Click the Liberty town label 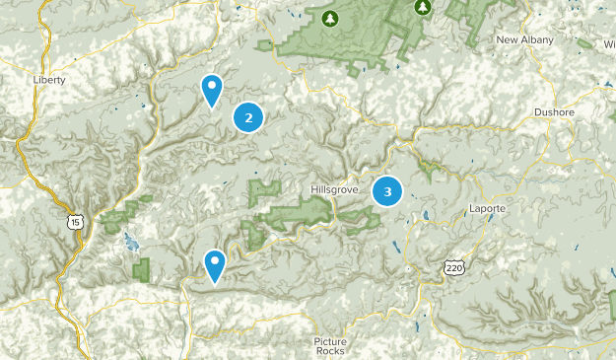click(48, 79)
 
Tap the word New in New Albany click(508, 40)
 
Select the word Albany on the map click(538, 40)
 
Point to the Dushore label click(554, 112)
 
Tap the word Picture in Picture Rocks click(330, 341)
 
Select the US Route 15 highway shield click(75, 224)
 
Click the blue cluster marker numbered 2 click(248, 118)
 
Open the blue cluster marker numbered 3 click(387, 191)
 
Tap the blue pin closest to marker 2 click(211, 90)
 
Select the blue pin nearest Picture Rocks click(214, 264)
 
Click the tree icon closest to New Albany click(424, 7)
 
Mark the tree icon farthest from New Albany click(331, 18)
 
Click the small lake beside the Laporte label click(425, 214)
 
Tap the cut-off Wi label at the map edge click(609, 44)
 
